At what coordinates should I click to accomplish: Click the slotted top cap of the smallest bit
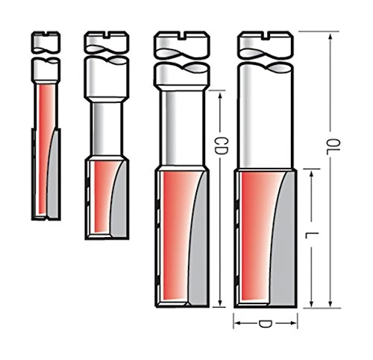click(44, 38)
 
